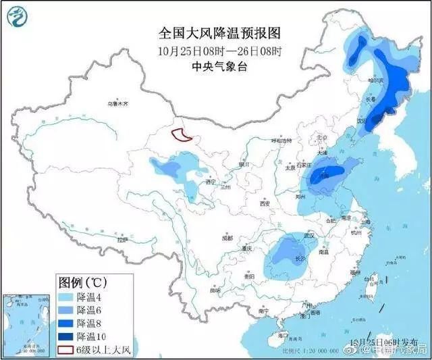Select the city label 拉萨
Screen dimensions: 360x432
pyautogui.click(x=122, y=240)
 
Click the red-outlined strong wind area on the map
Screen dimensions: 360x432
pyautogui.click(x=181, y=136)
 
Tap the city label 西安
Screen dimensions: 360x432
pyautogui.click(x=263, y=203)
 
